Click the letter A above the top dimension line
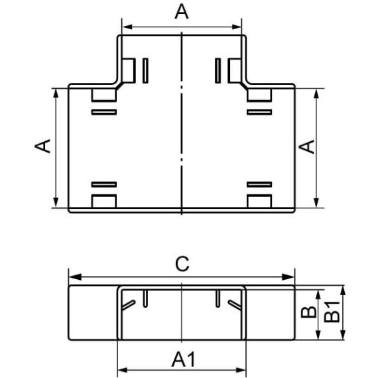coord(182,12)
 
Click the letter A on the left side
coord(42,146)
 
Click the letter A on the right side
coord(306,147)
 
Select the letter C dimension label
coord(182,264)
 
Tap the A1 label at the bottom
coord(183,359)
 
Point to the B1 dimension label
coord(332,312)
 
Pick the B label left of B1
coord(309,312)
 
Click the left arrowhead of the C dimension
coord(75,277)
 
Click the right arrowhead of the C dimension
coord(288,277)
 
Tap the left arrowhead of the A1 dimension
coord(122,370)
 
